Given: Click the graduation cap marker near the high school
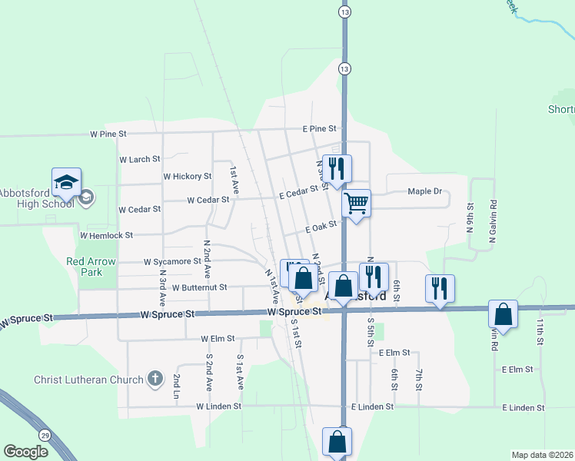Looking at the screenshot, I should click(x=66, y=183).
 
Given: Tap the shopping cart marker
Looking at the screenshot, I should click(x=356, y=204).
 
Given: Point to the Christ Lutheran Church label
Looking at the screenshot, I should click(x=89, y=380).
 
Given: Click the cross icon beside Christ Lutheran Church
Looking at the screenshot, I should click(x=155, y=379).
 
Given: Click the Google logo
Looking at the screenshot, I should click(x=26, y=452).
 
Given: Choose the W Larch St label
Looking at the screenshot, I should click(x=140, y=159).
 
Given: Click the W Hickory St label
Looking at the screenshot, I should click(x=188, y=176).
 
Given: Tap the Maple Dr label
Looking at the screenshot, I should click(x=425, y=191).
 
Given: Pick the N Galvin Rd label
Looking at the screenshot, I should click(x=493, y=224).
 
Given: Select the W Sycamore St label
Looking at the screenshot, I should click(x=172, y=261).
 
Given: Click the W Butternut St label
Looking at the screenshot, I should click(x=200, y=287).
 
